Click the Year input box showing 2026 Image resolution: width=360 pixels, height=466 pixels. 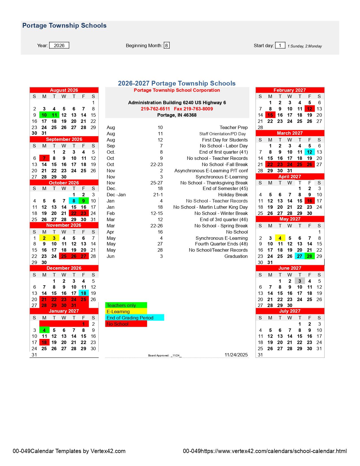point(59,45)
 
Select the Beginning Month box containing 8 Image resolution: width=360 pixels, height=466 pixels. point(167,45)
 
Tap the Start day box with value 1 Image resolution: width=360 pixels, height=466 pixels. point(280,45)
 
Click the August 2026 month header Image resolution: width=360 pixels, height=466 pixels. point(64,90)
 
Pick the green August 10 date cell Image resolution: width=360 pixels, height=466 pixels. point(44,115)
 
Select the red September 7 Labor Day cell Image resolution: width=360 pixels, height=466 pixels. point(44,158)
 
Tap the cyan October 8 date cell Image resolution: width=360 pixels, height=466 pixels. point(74,201)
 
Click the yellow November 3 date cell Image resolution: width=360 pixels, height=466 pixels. point(54,238)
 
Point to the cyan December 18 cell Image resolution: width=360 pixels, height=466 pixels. point(84,293)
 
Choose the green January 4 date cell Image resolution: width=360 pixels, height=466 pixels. point(44,330)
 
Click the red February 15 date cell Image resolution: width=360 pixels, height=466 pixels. point(270,115)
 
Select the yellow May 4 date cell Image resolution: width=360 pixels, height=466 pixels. point(280,238)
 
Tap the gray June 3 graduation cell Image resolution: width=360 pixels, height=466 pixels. point(300,281)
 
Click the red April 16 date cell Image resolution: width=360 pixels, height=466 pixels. point(309,201)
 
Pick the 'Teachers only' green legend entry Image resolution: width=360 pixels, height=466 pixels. point(126,305)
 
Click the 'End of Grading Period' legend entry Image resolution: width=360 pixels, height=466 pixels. point(134,318)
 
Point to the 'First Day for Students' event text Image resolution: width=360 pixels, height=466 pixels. point(225,140)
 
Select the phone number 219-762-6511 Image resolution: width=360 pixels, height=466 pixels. point(155,109)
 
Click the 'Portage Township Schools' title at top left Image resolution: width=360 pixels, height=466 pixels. point(64,25)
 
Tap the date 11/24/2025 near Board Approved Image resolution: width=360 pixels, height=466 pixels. point(236,355)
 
